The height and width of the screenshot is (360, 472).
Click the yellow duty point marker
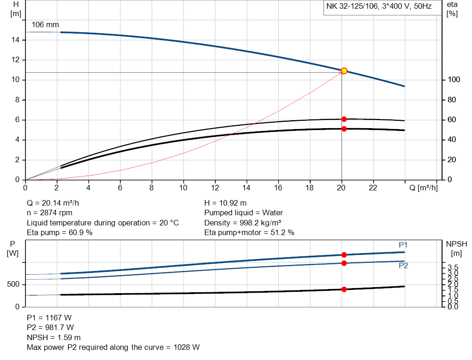(344, 71)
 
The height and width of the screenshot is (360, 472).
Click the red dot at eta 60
(344, 119)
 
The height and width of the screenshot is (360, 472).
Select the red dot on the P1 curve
(344, 255)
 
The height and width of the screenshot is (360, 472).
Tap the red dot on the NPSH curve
(344, 289)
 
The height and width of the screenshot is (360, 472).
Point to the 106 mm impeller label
(45, 24)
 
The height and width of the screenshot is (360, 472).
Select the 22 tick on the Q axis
(373, 188)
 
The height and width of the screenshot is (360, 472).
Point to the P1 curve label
(403, 245)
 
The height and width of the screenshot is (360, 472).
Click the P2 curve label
(403, 266)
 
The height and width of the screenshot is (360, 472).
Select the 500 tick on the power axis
(13, 284)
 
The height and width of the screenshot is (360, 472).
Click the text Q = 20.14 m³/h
(56, 203)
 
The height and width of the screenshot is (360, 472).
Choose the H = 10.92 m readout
(225, 203)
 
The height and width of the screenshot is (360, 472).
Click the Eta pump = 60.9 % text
(60, 232)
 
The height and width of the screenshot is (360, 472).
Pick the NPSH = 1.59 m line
(53, 337)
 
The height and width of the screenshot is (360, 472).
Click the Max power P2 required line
(113, 347)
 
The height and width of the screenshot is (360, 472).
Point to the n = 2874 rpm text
(50, 212)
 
